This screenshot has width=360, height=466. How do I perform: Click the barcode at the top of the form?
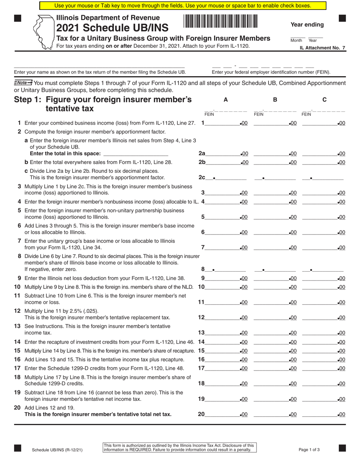pyautogui.click(x=221, y=21)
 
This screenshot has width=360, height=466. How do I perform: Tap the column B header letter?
pyautogui.click(x=275, y=100)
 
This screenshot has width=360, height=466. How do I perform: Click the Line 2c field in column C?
pyautogui.click(x=323, y=177)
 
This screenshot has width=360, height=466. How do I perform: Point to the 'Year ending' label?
pyautogui.click(x=307, y=25)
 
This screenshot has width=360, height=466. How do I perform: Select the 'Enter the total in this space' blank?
pyautogui.click(x=135, y=153)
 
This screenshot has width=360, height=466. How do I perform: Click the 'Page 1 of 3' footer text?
pyautogui.click(x=309, y=450)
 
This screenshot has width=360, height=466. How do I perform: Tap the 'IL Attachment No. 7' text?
pyautogui.click(x=322, y=48)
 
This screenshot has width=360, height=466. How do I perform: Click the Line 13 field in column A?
pyautogui.click(x=224, y=333)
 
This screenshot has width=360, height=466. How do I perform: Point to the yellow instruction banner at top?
pyautogui.click(x=183, y=6)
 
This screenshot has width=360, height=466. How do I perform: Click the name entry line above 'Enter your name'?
pyautogui.click(x=99, y=67)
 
